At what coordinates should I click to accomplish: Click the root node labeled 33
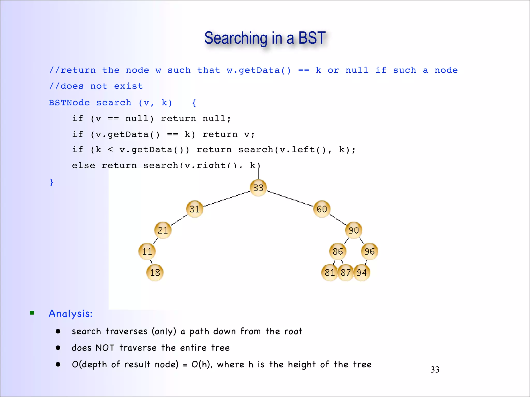coord(258,188)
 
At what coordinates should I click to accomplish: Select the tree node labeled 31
coord(195,209)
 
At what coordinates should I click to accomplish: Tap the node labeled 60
coord(322,209)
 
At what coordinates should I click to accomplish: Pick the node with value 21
coord(163,230)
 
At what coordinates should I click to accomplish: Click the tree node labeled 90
coord(354,230)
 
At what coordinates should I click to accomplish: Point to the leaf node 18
coord(155,272)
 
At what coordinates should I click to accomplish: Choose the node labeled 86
coord(338,251)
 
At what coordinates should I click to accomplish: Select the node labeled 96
coord(370,251)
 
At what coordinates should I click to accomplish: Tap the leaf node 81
coord(329,272)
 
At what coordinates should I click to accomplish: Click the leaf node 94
coord(362,272)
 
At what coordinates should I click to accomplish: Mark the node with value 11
coord(147,251)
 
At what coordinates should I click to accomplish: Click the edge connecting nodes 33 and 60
coord(290,198)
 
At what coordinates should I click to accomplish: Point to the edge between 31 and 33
coord(226,199)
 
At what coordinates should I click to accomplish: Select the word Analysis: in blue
coord(71,314)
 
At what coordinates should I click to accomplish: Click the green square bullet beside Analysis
coord(32,313)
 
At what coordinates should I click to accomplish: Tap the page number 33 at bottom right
coord(435,370)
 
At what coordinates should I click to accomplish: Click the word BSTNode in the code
coord(69,103)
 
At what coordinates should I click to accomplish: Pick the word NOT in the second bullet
coord(105,348)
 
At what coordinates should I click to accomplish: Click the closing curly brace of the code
coord(51,182)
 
